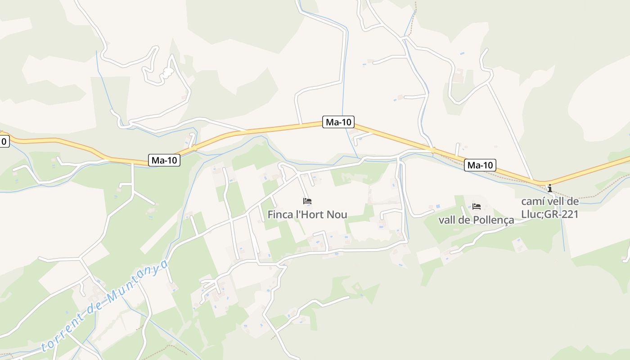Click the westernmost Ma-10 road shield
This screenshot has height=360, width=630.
click(x=164, y=160)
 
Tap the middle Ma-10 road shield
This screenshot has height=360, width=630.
click(x=338, y=121)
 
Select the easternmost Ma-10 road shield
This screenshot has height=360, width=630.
click(x=480, y=165)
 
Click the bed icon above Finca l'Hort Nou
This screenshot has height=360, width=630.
click(x=307, y=201)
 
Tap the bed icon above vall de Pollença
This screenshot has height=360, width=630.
click(x=477, y=207)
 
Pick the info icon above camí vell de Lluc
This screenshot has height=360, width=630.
click(x=549, y=188)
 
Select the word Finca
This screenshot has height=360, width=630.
click(x=280, y=215)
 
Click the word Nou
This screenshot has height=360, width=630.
click(x=337, y=215)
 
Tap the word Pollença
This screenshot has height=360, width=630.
click(x=494, y=220)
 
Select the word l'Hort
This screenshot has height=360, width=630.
click(x=310, y=215)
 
